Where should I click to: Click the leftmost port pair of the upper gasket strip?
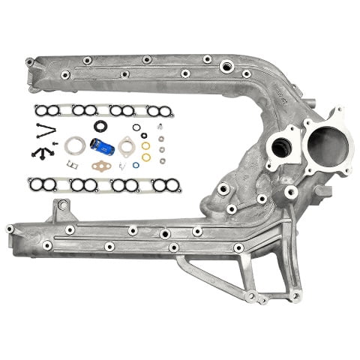[x=46, y=110]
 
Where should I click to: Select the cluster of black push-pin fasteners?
[x=41, y=151]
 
